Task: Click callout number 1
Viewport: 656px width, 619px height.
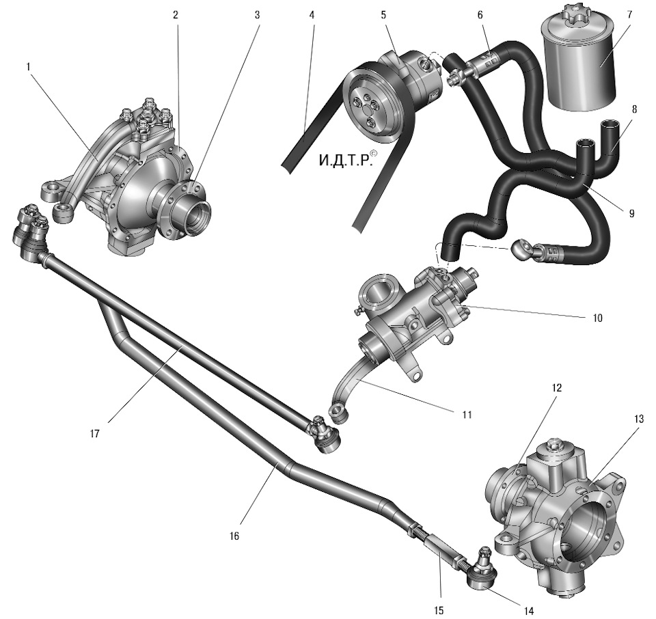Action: tap(29, 67)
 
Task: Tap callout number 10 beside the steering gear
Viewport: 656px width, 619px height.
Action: tap(597, 318)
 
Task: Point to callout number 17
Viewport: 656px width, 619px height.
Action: tap(95, 434)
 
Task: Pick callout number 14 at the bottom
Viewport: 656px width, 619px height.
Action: tap(529, 611)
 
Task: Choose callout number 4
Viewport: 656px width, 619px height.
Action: tap(312, 15)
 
